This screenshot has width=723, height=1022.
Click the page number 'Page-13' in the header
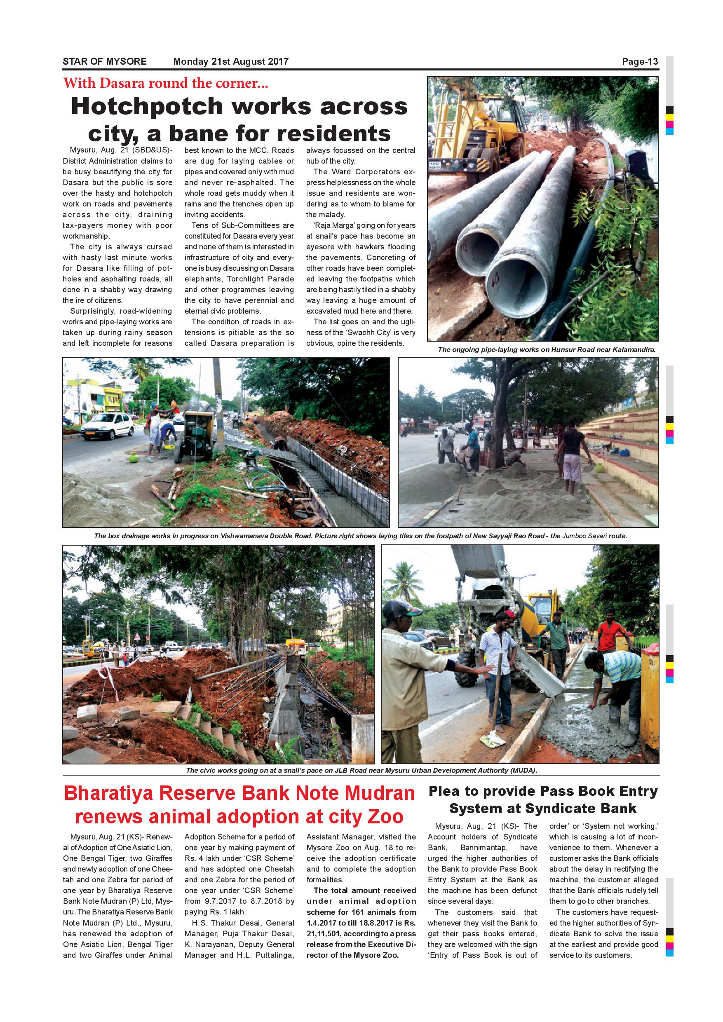(640, 61)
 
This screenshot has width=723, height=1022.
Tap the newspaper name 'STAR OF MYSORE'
(105, 61)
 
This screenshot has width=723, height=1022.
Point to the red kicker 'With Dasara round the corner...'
(166, 83)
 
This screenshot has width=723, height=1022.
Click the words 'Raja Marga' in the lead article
(331, 225)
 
